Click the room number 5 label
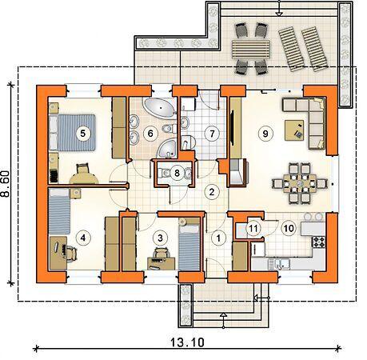82,134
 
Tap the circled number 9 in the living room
265,134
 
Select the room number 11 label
253,229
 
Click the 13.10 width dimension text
187,342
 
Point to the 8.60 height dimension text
5,184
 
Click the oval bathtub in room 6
160,107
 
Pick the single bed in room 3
189,244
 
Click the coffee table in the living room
294,130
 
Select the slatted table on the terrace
251,49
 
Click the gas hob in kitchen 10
319,242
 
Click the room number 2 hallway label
212,192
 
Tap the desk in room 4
58,253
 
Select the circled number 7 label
212,134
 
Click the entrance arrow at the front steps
224,320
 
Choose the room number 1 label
218,238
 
